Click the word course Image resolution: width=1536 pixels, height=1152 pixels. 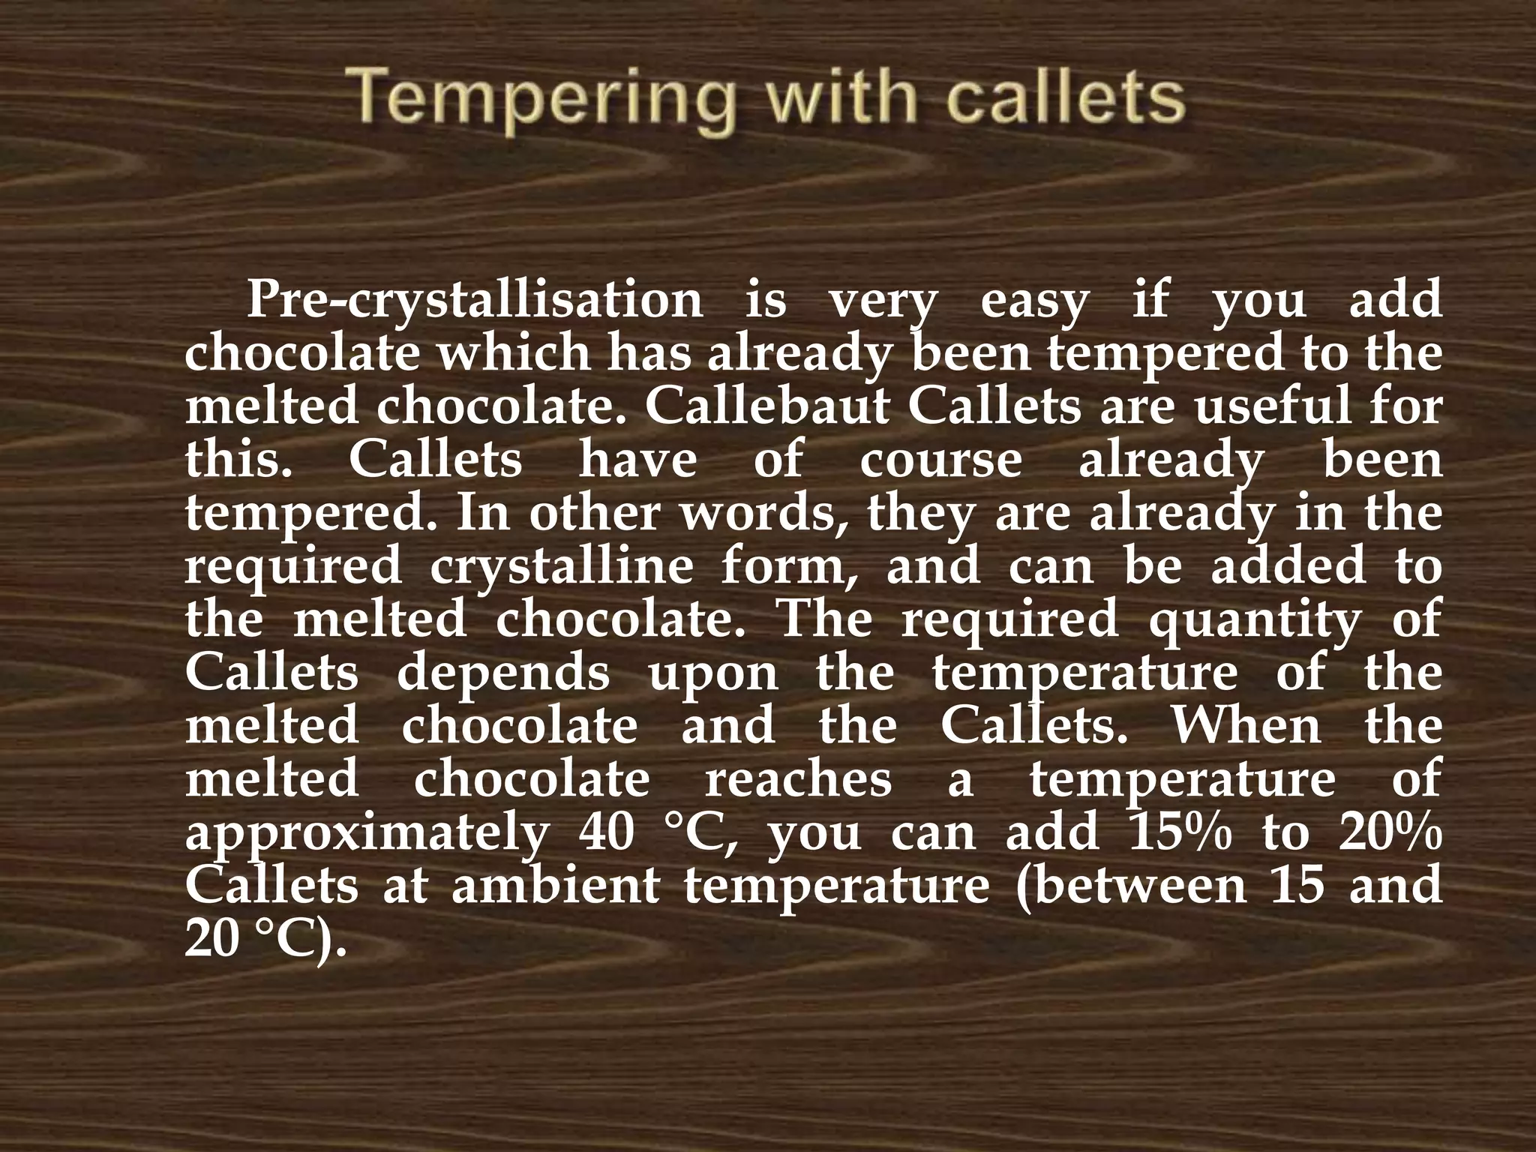coord(940,460)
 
